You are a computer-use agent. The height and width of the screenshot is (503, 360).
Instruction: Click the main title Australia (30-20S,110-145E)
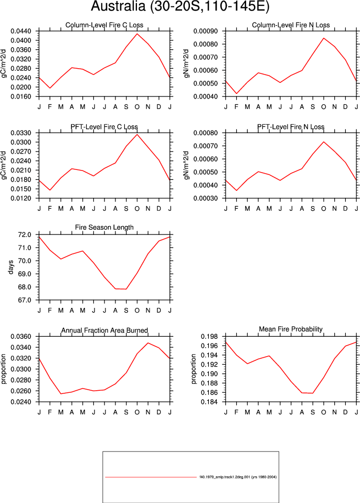tap(180, 6)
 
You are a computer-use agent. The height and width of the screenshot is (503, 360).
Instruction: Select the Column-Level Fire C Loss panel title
tap(104, 25)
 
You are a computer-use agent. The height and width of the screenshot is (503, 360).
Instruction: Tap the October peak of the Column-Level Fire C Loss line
tap(137, 34)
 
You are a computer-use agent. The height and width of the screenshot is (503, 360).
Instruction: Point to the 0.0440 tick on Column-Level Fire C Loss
tap(21, 31)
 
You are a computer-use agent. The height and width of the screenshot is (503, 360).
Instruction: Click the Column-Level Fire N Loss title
tap(291, 25)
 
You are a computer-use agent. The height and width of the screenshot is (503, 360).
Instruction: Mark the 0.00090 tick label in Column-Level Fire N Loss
tap(206, 31)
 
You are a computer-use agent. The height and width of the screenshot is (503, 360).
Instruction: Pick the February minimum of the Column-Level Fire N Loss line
tap(237, 93)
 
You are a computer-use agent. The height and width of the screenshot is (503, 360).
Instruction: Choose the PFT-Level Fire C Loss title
tap(104, 127)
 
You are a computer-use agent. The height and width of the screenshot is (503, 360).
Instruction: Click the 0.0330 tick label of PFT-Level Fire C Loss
tap(21, 133)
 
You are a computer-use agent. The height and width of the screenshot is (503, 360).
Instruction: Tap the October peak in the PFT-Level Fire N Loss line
tap(323, 142)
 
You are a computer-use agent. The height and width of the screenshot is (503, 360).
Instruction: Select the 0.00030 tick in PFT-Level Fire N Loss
tap(206, 198)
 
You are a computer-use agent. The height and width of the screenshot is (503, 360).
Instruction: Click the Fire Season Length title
tap(104, 228)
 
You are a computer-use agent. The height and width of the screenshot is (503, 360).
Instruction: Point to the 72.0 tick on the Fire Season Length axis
tap(25, 234)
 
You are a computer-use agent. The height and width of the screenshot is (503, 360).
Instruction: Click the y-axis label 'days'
tap(11, 267)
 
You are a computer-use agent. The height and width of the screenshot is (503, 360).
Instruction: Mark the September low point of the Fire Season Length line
tap(126, 289)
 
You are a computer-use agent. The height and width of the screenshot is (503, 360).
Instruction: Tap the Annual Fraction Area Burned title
tap(104, 330)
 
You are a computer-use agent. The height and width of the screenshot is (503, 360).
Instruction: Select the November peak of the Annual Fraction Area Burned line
tap(148, 343)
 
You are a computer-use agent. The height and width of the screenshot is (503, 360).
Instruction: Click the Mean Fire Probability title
tap(291, 329)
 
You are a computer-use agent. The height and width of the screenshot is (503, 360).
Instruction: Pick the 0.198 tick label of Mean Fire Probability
tap(209, 336)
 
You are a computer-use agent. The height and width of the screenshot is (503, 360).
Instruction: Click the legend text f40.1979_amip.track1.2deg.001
tap(224, 477)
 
